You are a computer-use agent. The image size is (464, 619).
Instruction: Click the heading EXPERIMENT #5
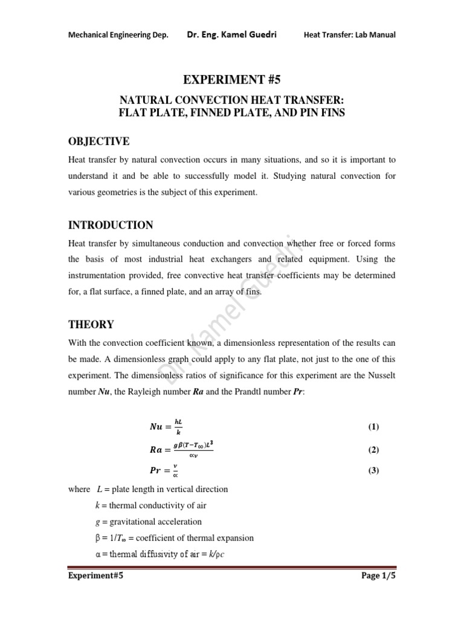(x=232, y=79)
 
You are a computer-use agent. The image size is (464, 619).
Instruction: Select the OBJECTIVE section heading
(x=98, y=141)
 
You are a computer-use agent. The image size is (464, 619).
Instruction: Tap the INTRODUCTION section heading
(x=110, y=225)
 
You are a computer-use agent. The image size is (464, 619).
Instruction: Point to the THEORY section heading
(x=91, y=325)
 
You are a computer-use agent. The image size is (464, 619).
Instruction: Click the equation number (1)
(x=373, y=427)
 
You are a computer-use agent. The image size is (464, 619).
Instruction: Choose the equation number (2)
(x=373, y=450)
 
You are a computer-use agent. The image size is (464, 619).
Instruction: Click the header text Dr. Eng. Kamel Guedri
(x=236, y=34)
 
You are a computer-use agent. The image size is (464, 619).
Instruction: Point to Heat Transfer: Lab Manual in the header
(x=349, y=35)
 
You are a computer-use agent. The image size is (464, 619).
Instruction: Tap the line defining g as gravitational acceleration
(x=145, y=522)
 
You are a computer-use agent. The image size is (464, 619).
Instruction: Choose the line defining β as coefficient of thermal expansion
(x=171, y=537)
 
